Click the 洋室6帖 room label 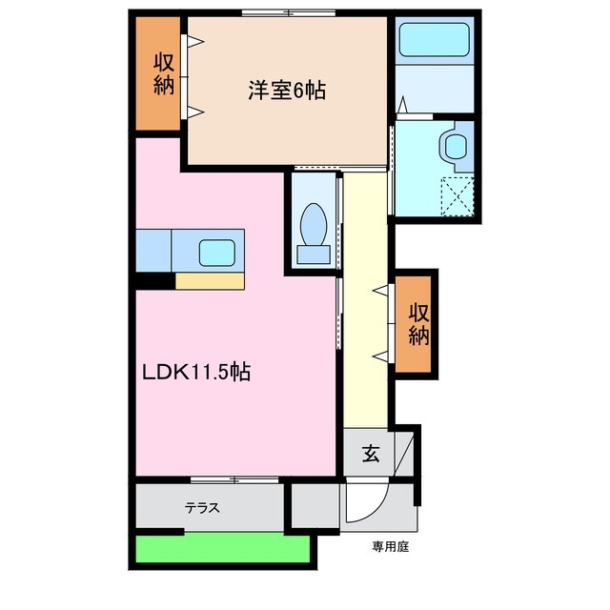(x=288, y=91)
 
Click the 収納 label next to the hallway (x=418, y=323)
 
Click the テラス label (x=203, y=508)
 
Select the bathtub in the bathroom (x=435, y=41)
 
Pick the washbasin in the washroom (x=454, y=146)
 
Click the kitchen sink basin (x=218, y=253)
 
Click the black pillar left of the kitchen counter (x=153, y=281)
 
